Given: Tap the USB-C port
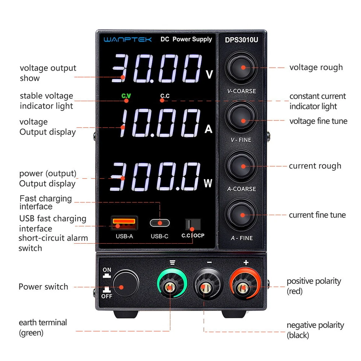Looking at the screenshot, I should click(x=160, y=223).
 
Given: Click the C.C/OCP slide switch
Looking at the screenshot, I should click(x=192, y=224).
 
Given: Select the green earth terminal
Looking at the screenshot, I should click(x=170, y=288).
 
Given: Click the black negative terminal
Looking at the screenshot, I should click(x=206, y=288).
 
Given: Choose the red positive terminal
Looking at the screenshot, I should click(x=244, y=288).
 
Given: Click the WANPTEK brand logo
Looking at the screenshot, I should click(x=128, y=39).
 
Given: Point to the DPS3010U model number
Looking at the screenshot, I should click(x=241, y=39).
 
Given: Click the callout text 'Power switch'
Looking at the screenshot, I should click(x=43, y=287).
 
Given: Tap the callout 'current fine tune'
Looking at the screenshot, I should click(x=317, y=215).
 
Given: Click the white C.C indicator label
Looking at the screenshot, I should click(x=165, y=96).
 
